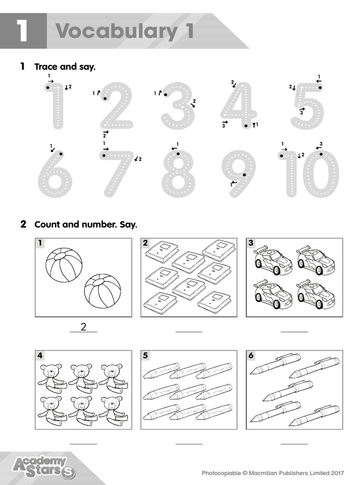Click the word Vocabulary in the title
115,31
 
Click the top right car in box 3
315,261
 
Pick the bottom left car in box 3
273,294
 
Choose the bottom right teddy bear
111,409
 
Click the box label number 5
146,355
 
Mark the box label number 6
251,355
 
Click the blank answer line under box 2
189,332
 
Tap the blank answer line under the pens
294,444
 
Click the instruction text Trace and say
65,67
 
